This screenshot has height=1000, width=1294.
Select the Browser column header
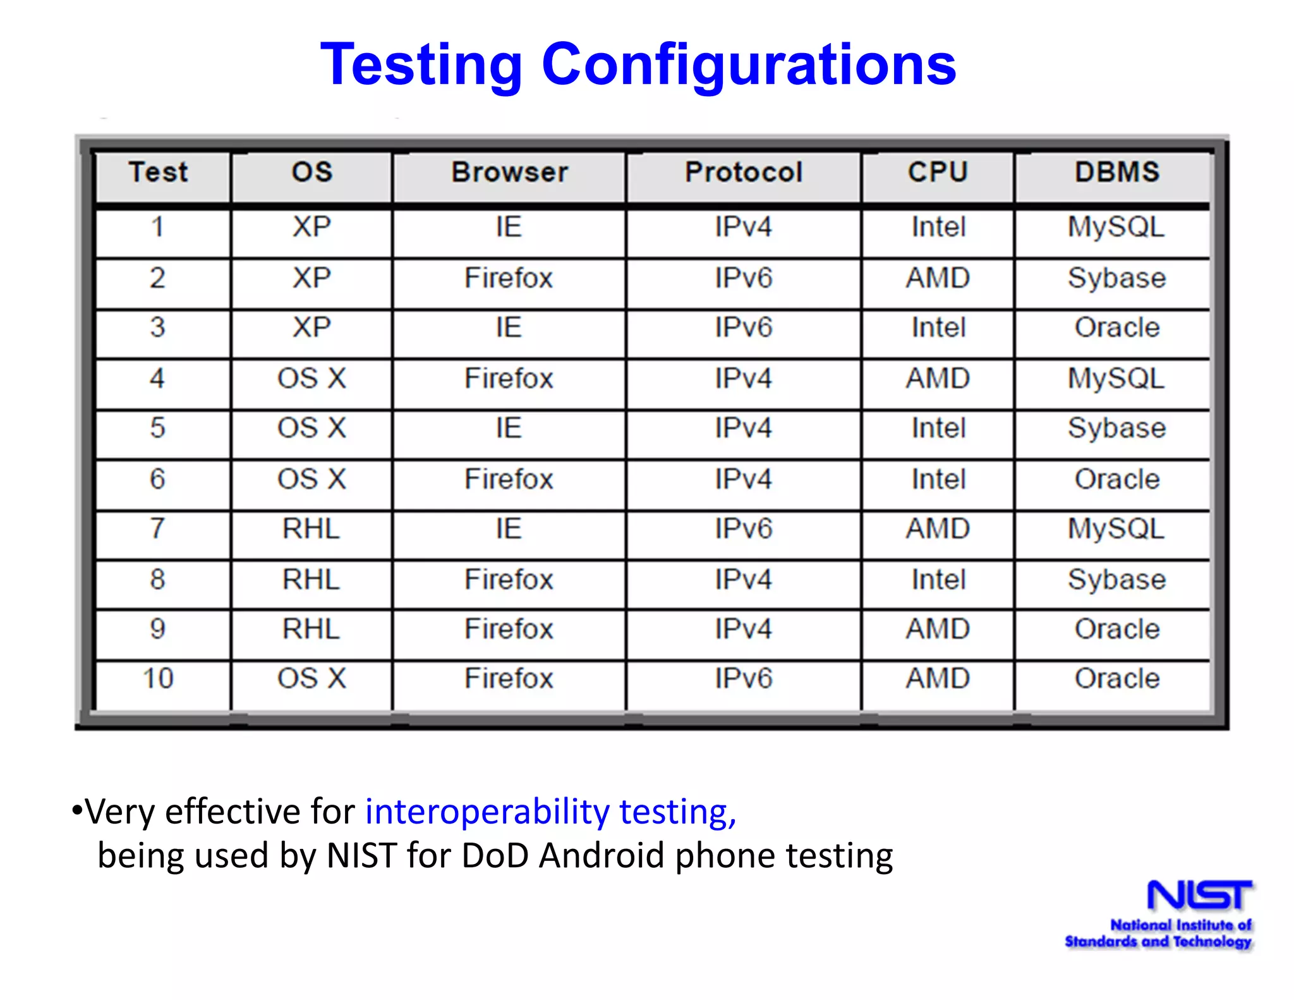(x=509, y=173)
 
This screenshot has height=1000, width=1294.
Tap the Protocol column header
(x=744, y=173)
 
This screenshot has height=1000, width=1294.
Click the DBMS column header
(x=1117, y=173)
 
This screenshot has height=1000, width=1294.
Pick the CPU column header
(x=938, y=173)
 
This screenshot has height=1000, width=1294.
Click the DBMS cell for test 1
(x=1116, y=228)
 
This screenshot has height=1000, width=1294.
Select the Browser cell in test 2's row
(x=509, y=278)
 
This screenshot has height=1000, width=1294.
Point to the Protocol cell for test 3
(x=744, y=328)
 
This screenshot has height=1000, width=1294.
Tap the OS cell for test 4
(x=311, y=379)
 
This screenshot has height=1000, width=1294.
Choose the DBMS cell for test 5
(x=1116, y=429)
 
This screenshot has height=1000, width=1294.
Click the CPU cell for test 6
(x=938, y=479)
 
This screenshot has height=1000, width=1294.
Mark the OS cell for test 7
(x=311, y=529)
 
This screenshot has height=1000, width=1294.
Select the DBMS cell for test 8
(x=1116, y=580)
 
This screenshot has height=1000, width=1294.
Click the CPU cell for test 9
(x=938, y=630)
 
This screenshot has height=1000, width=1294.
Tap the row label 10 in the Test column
(x=158, y=679)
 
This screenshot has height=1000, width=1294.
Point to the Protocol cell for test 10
(x=744, y=679)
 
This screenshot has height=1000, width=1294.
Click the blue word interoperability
(x=487, y=812)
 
